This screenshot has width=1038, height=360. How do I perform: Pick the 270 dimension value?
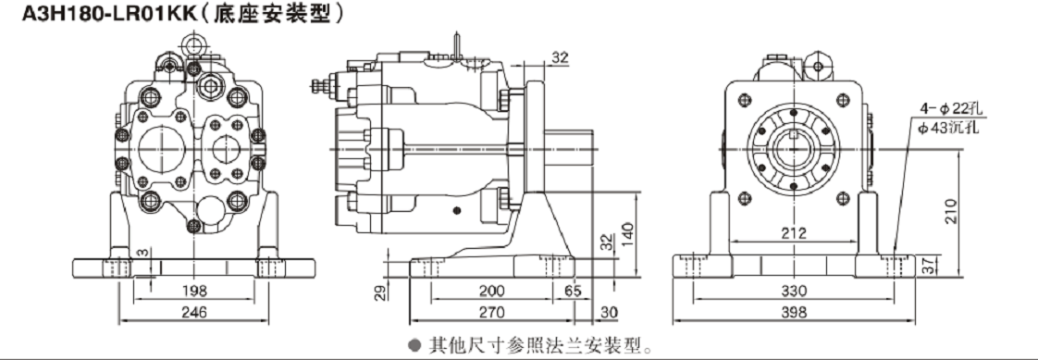(x=492, y=313)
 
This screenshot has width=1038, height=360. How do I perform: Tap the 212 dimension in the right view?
(x=793, y=233)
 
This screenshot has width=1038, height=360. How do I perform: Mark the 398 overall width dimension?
(x=793, y=313)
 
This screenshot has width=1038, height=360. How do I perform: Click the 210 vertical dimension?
(x=964, y=212)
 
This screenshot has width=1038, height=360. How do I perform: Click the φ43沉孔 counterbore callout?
(x=945, y=127)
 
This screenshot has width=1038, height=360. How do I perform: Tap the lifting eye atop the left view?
(x=192, y=41)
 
